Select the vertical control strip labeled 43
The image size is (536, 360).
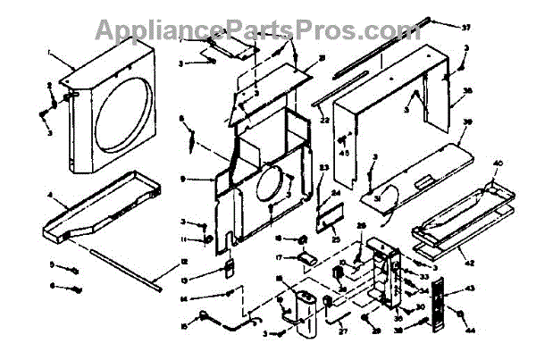(439, 308)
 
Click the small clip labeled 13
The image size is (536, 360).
(227, 265)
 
